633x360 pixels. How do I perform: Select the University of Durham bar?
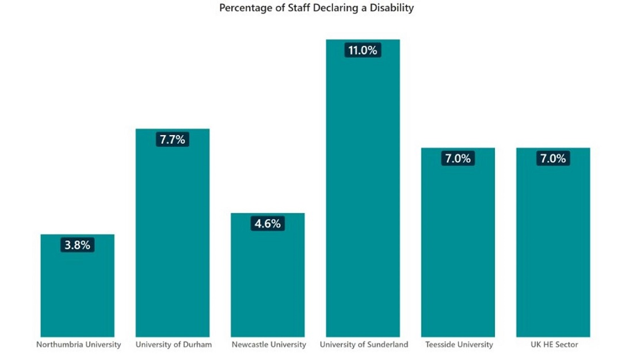click(x=172, y=242)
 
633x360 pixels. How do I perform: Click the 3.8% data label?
click(x=77, y=245)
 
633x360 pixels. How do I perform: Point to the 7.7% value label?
click(x=172, y=139)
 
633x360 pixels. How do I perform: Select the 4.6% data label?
click(x=268, y=224)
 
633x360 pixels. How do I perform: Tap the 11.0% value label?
click(x=363, y=50)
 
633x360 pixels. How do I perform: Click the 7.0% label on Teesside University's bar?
click(x=457, y=158)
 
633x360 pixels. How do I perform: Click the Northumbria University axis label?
click(x=78, y=344)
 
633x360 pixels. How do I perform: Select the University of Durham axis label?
click(x=173, y=344)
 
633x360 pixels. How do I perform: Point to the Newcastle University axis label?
click(x=269, y=344)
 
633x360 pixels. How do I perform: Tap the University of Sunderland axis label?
click(x=364, y=344)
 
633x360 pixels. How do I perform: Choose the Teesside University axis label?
click(x=459, y=344)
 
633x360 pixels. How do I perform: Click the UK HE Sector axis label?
click(x=554, y=344)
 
